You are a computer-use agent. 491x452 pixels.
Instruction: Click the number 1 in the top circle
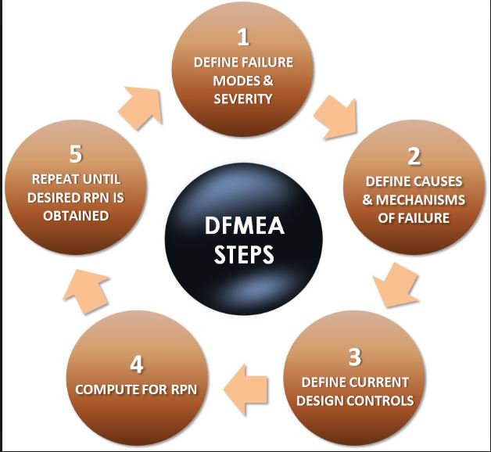tap(243, 37)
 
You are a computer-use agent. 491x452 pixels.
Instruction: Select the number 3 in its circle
tap(355, 357)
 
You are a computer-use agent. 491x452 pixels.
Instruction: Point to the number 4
tap(136, 364)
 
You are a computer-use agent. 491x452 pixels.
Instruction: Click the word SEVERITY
tap(243, 99)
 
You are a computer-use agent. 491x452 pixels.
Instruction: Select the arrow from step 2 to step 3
tap(391, 285)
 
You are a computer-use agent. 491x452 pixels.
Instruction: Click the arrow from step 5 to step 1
tap(142, 105)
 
